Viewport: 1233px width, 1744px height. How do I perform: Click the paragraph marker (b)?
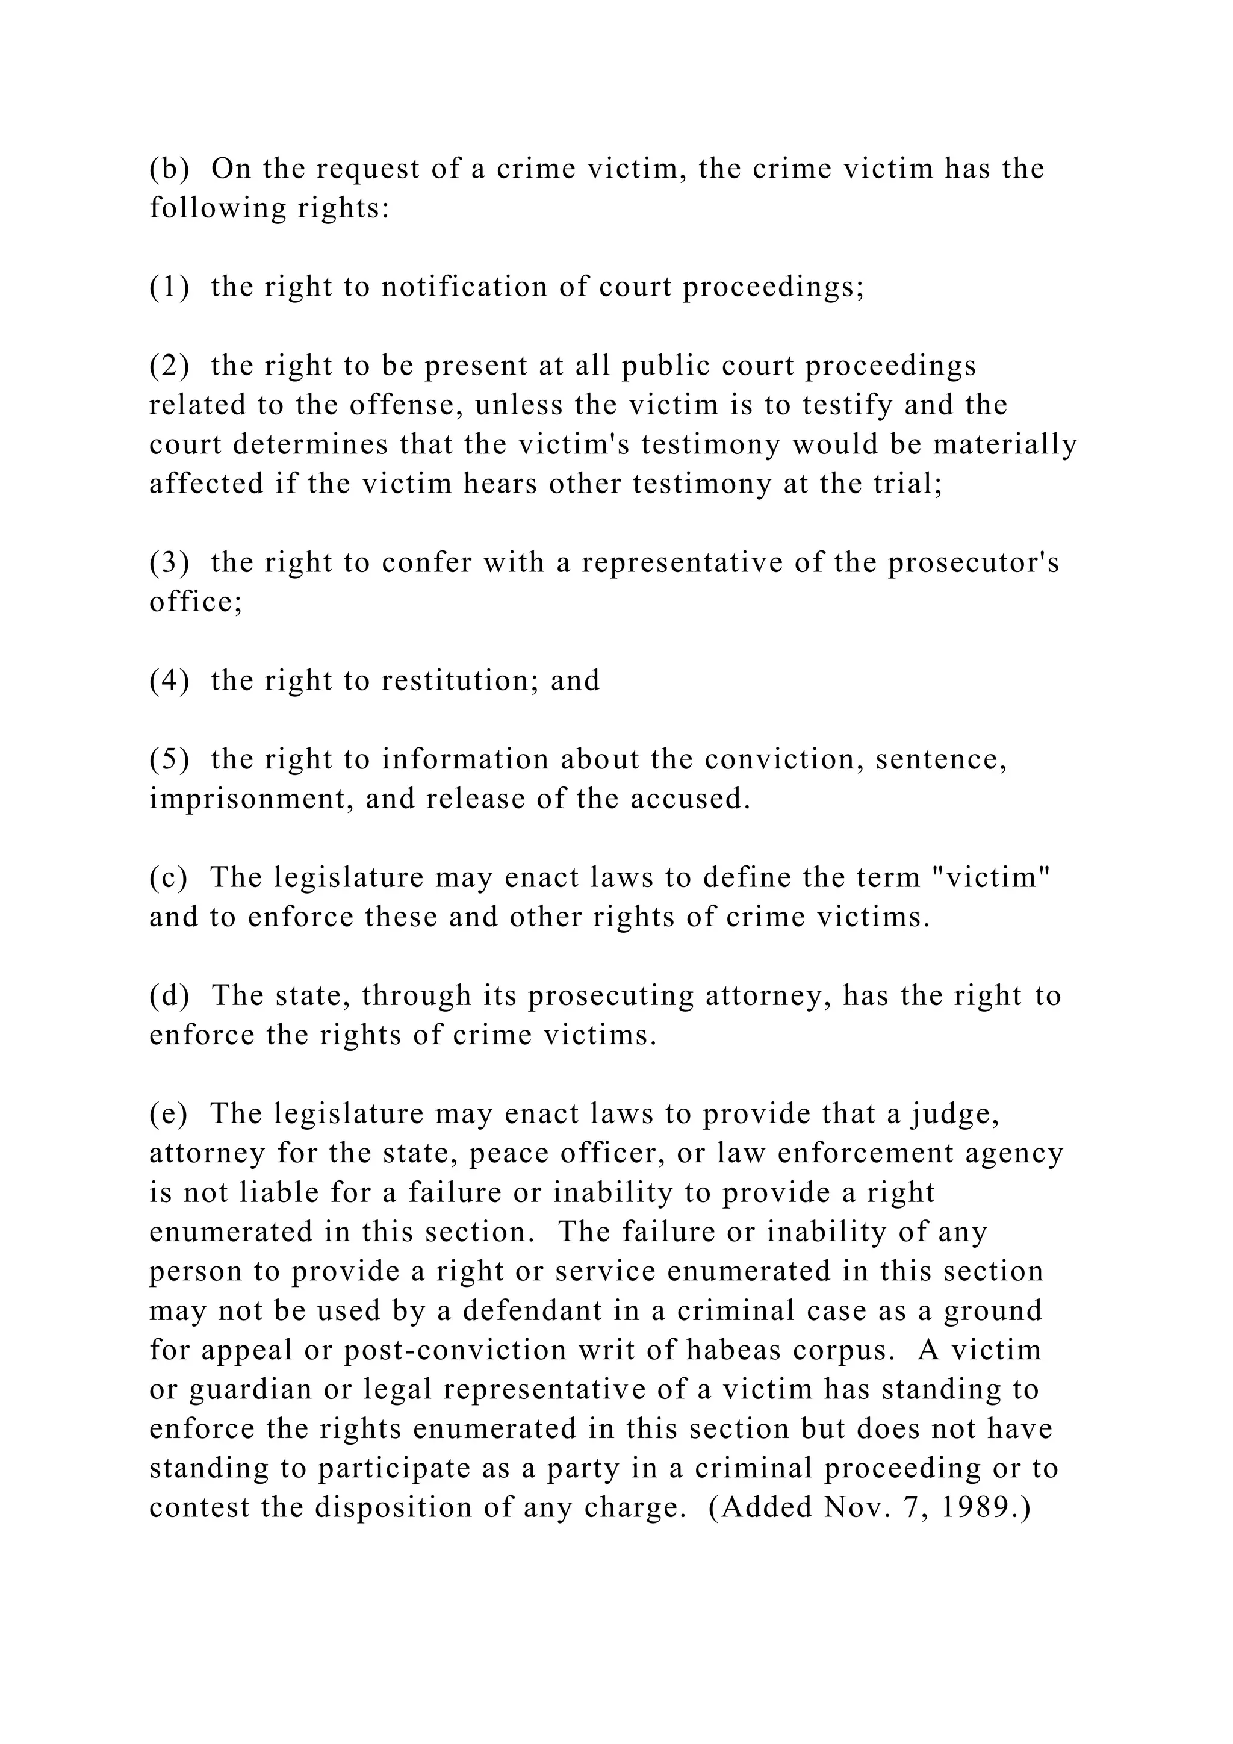click(x=169, y=169)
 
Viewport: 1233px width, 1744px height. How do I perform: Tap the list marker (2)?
click(x=169, y=366)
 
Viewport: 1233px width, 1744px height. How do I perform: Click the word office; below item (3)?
click(x=195, y=602)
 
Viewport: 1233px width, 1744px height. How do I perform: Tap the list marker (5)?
click(x=169, y=759)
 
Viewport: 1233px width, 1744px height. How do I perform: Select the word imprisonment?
click(x=250, y=799)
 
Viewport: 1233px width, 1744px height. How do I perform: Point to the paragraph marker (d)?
click(x=169, y=996)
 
